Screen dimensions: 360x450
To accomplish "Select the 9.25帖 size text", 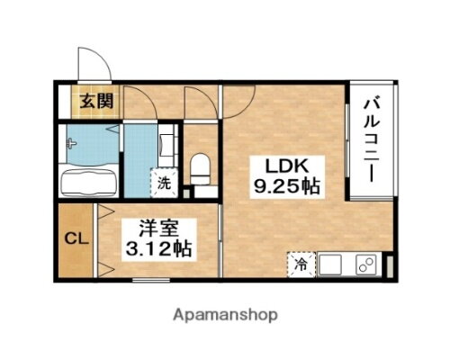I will pyautogui.click(x=284, y=189).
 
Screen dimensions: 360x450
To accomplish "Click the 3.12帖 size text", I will pyautogui.click(x=159, y=247).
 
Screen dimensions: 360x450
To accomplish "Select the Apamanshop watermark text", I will pyautogui.click(x=224, y=316).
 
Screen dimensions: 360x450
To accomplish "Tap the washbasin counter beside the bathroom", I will pyautogui.click(x=166, y=144).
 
